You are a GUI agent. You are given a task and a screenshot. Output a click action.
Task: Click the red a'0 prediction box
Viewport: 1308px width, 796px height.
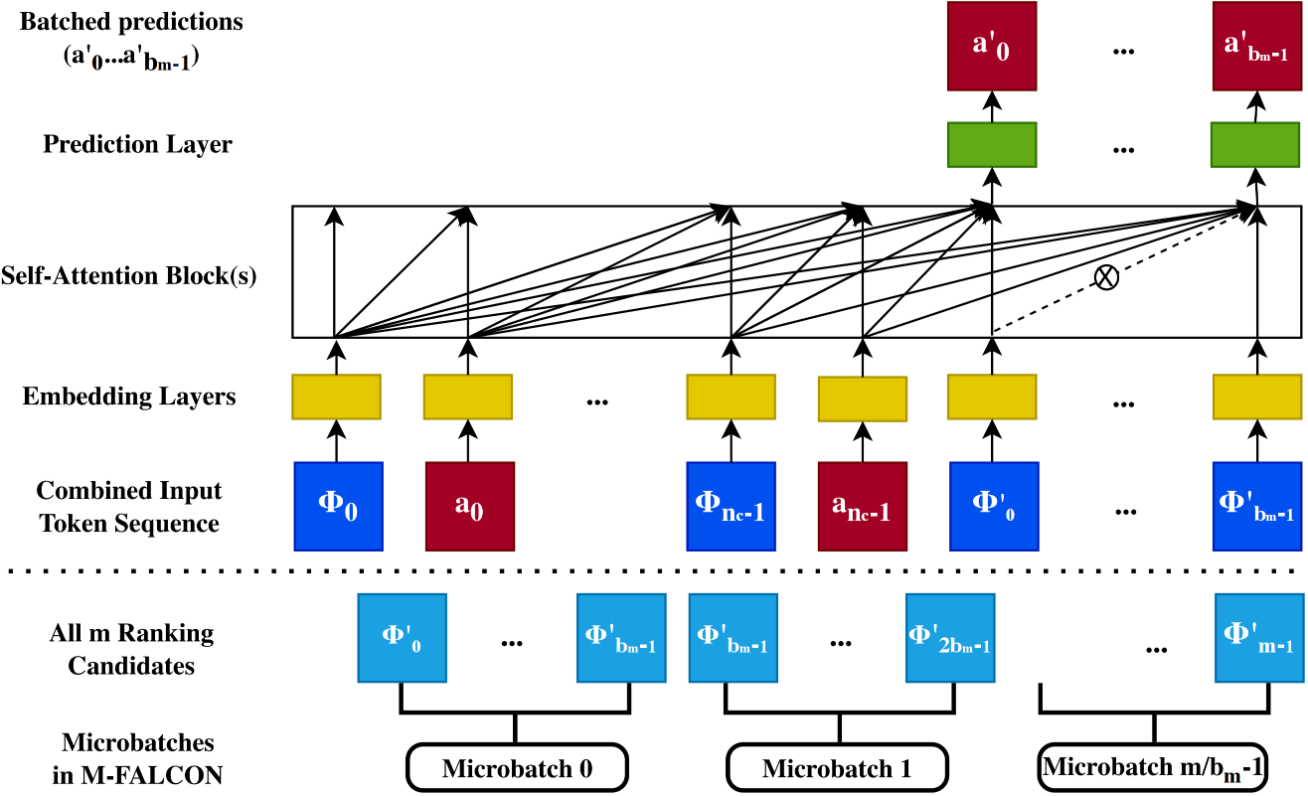[992, 46]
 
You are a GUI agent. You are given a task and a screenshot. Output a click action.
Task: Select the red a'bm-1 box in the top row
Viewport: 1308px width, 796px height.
[1256, 46]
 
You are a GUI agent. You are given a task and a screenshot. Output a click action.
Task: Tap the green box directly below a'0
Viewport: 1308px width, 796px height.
[992, 145]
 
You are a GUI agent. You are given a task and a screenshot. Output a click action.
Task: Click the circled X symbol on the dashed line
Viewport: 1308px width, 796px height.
[1106, 277]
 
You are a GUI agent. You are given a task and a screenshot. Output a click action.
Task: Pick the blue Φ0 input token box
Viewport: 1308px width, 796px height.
[339, 507]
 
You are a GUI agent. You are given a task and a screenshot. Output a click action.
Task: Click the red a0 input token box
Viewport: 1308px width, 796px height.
[470, 507]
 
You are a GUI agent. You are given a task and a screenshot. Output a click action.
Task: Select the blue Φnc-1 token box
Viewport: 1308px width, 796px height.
[732, 507]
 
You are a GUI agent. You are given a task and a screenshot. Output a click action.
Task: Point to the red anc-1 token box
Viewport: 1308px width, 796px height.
[863, 507]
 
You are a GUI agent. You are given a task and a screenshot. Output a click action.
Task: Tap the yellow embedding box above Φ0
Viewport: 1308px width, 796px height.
[336, 398]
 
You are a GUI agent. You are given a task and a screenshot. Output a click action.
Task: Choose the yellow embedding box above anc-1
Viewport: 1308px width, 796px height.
[863, 398]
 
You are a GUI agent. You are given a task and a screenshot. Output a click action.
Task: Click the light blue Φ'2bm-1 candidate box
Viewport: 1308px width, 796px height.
[950, 638]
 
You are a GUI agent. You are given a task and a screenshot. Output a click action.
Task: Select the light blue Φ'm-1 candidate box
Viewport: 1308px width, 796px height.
[1259, 638]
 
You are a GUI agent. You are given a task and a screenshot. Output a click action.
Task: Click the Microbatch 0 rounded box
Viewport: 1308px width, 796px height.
[518, 767]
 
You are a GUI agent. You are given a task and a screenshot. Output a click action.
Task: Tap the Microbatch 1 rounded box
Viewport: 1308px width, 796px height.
[837, 767]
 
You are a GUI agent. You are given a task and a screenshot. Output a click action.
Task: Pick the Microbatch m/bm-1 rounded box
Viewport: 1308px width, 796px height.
[1153, 767]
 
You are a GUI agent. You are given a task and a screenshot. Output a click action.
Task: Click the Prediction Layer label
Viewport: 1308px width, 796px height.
[138, 144]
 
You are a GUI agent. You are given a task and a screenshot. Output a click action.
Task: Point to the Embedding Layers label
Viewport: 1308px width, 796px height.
[129, 397]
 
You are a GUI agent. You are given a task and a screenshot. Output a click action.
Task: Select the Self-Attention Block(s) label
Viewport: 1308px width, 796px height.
[129, 275]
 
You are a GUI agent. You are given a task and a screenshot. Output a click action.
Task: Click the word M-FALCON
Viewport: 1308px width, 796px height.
[151, 775]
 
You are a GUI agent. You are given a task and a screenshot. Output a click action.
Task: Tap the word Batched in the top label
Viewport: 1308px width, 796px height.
[65, 22]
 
